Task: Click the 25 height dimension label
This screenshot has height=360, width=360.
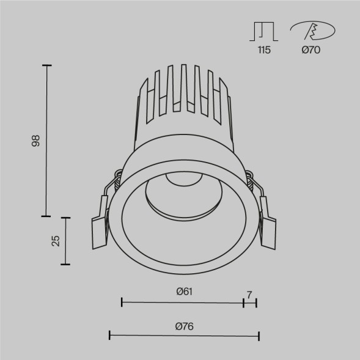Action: tap(56, 241)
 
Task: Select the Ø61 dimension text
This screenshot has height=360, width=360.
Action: tap(184, 292)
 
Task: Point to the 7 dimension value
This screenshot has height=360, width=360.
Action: tap(249, 295)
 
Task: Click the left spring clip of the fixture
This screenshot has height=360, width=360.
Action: tap(100, 224)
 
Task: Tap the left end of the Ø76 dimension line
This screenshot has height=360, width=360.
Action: tap(109, 335)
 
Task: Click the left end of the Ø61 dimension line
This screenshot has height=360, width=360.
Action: tap(122, 302)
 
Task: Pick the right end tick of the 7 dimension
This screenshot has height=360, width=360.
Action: tap(256, 302)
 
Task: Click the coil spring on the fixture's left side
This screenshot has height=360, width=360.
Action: tap(115, 180)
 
